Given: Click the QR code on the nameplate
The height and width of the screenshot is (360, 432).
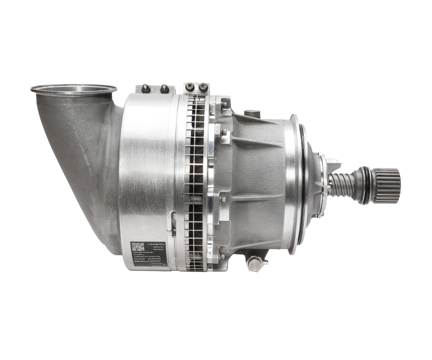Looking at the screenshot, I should (x=138, y=247).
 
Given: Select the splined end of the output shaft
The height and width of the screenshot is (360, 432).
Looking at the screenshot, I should (x=387, y=185).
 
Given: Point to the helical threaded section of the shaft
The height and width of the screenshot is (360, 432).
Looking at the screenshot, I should (x=341, y=185).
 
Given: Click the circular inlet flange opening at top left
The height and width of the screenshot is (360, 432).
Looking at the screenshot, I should (x=74, y=89).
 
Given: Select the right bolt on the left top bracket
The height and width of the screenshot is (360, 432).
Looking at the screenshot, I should (x=164, y=88).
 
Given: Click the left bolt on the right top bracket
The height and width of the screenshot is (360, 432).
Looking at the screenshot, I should (x=190, y=87).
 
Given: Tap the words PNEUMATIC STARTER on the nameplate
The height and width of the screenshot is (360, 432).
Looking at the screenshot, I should (x=146, y=258).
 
